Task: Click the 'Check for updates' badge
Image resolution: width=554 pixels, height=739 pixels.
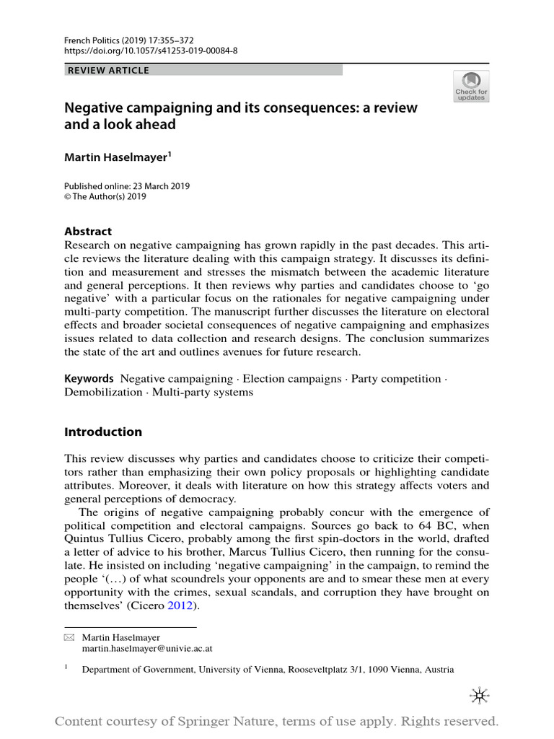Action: [x=470, y=86]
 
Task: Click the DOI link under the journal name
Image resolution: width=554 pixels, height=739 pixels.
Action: [x=151, y=51]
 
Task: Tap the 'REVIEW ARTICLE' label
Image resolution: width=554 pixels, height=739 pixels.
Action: [x=107, y=71]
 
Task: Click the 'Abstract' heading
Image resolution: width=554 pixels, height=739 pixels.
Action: [x=88, y=232]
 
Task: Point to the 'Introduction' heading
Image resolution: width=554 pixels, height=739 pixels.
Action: [x=103, y=432]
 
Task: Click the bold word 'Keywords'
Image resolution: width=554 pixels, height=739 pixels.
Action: [x=89, y=379]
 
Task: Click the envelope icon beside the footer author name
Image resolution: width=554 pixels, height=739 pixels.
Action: [x=69, y=638]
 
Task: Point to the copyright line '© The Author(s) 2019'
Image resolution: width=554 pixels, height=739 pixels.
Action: [x=105, y=196]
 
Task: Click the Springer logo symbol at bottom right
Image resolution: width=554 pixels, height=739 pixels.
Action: [x=478, y=694]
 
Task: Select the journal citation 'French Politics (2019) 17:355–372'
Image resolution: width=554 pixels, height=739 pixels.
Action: [x=131, y=40]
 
